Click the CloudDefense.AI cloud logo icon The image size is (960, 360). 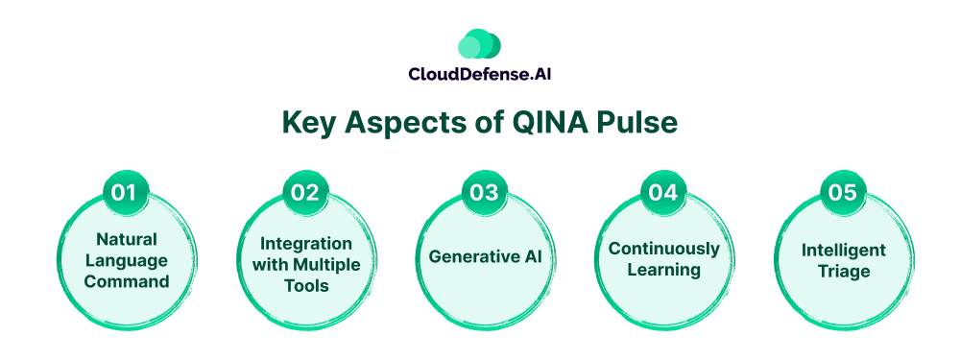[479, 44]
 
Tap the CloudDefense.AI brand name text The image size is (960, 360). [480, 74]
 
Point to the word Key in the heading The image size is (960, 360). [309, 124]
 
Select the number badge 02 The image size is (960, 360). [305, 192]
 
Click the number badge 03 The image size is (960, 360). [484, 192]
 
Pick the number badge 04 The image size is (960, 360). [663, 192]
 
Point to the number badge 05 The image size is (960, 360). [843, 192]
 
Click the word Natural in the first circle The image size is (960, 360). [127, 239]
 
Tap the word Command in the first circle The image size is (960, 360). [127, 281]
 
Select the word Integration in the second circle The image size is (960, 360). [306, 243]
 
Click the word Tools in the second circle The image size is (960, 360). [307, 286]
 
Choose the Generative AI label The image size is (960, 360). [485, 256]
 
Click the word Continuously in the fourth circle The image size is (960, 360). [664, 249]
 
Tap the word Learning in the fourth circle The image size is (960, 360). [664, 270]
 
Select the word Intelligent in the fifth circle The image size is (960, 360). [844, 251]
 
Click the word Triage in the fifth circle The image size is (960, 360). [844, 272]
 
